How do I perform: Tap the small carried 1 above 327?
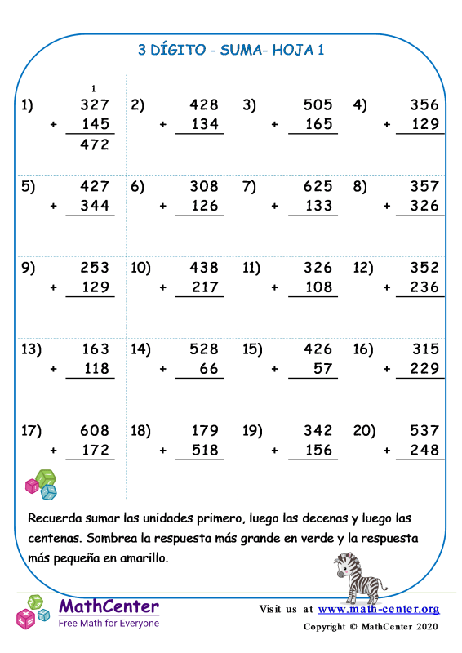[95, 88]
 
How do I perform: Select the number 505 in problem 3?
[318, 104]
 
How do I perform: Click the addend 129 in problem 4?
[424, 125]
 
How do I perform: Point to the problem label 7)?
[250, 186]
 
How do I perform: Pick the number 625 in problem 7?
[318, 186]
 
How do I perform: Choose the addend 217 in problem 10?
[204, 287]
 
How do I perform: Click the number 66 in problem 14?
[210, 369]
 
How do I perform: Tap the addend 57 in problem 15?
[323, 369]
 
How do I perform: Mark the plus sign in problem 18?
[163, 451]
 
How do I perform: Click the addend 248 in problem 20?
[424, 451]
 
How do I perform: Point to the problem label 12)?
[364, 268]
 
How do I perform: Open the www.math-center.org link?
[379, 609]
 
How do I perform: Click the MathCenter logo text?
[109, 607]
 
